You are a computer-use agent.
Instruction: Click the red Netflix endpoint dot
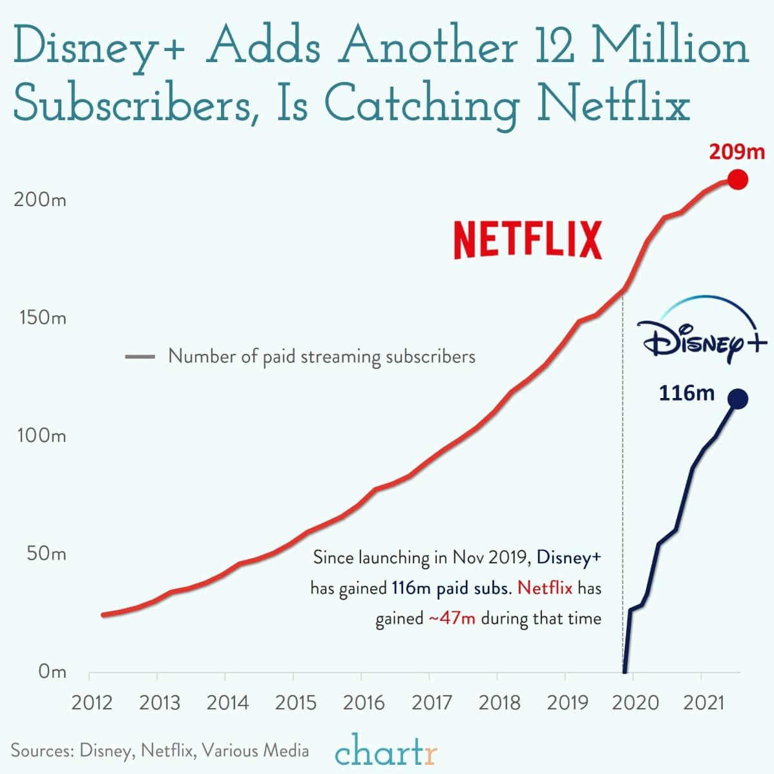click(x=737, y=180)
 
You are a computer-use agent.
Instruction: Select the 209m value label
click(x=737, y=152)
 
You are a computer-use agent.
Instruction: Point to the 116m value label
click(x=686, y=393)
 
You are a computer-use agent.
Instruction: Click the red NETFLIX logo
click(x=527, y=240)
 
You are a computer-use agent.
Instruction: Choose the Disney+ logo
click(x=704, y=329)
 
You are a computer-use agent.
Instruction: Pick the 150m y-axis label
click(x=40, y=318)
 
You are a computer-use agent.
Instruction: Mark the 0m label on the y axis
click(x=52, y=672)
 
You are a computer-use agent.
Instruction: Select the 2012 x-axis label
click(x=92, y=702)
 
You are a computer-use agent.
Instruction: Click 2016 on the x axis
click(x=364, y=702)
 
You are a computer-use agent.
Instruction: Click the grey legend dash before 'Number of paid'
click(x=140, y=357)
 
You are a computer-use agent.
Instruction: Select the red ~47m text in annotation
click(x=452, y=618)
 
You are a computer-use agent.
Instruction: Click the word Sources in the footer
click(x=39, y=751)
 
